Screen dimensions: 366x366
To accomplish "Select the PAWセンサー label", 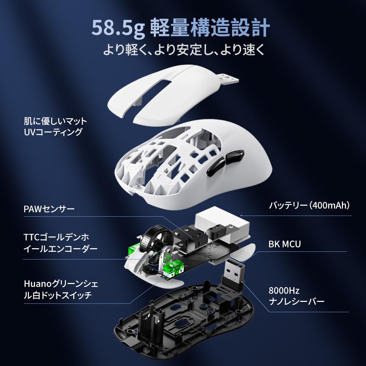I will click(x=49, y=209).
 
